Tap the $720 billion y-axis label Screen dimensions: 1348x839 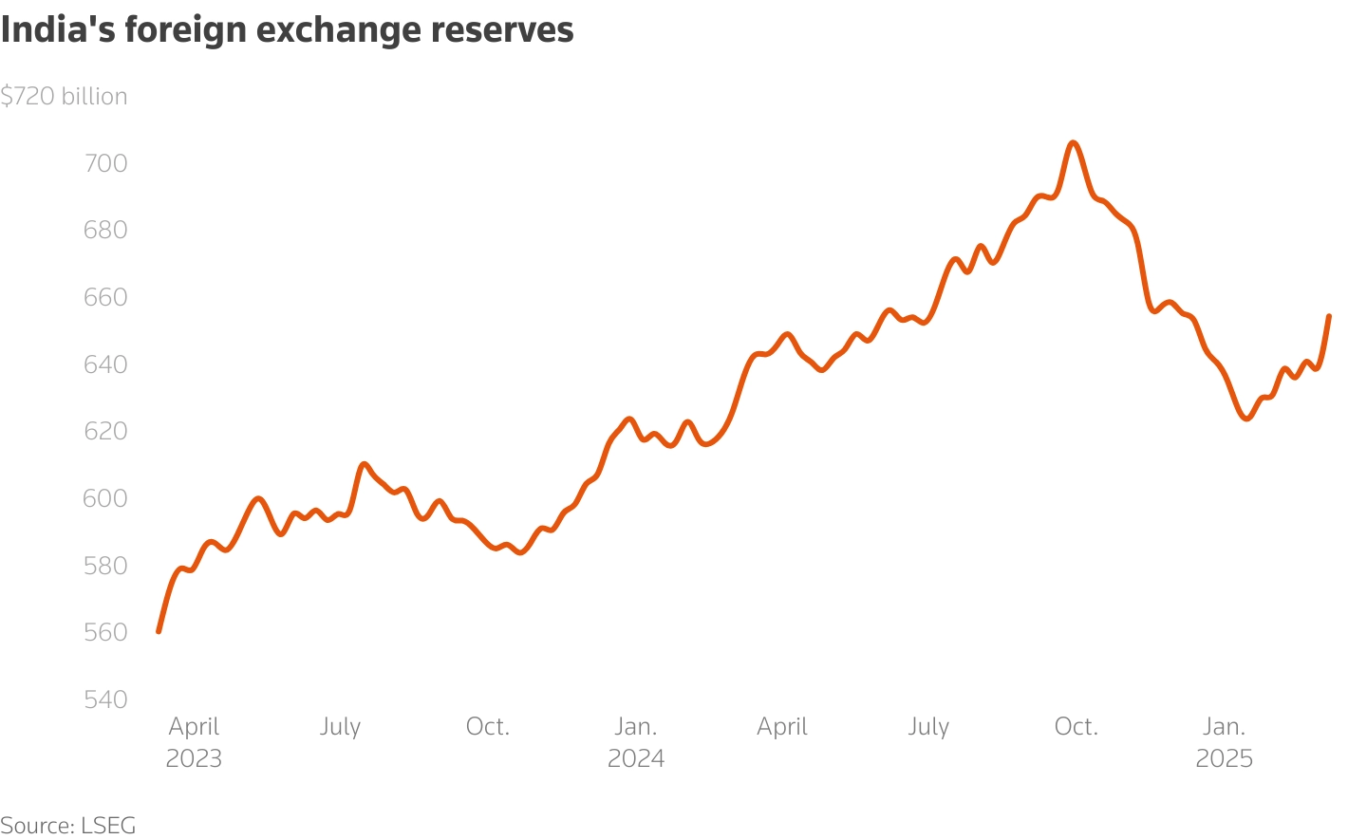pyautogui.click(x=64, y=96)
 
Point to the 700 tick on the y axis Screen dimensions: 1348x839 pyautogui.click(x=105, y=163)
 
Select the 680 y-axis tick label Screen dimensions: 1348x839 pyautogui.click(x=105, y=230)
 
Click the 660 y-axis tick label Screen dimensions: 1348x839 pyautogui.click(x=105, y=297)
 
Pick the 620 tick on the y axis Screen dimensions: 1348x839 pyautogui.click(x=105, y=431)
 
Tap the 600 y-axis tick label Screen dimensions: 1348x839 pyautogui.click(x=105, y=498)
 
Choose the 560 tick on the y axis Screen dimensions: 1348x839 pyautogui.click(x=105, y=632)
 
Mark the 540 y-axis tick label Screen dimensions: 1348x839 pyautogui.click(x=105, y=699)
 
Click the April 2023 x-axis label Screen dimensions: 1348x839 pyautogui.click(x=194, y=742)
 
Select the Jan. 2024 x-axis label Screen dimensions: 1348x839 pyautogui.click(x=636, y=742)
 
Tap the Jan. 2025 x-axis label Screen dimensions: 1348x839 pyautogui.click(x=1224, y=742)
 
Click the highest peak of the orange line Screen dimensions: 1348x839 pyautogui.click(x=1073, y=142)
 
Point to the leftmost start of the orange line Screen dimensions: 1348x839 pyautogui.click(x=159, y=631)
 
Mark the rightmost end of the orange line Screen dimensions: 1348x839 pyautogui.click(x=1329, y=316)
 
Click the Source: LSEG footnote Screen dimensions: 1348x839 pyautogui.click(x=68, y=825)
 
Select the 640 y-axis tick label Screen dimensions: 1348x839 pyautogui.click(x=105, y=364)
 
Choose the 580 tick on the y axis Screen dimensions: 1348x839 pyautogui.click(x=105, y=565)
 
